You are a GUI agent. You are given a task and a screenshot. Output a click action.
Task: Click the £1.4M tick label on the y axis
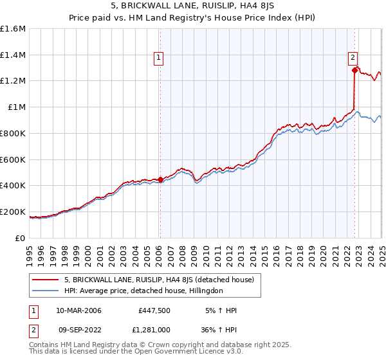coord(13,55)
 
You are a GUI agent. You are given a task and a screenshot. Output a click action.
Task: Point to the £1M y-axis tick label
coord(16,107)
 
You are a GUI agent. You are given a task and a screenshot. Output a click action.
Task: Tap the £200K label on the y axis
coord(13,212)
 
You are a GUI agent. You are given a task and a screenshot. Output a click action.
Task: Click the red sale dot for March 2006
coord(160,180)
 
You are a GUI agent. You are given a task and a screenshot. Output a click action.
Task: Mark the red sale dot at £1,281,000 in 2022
coord(354,71)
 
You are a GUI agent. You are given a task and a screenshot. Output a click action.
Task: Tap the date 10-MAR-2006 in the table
coord(78,310)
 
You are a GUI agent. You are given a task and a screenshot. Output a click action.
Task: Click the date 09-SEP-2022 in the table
coord(78,331)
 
